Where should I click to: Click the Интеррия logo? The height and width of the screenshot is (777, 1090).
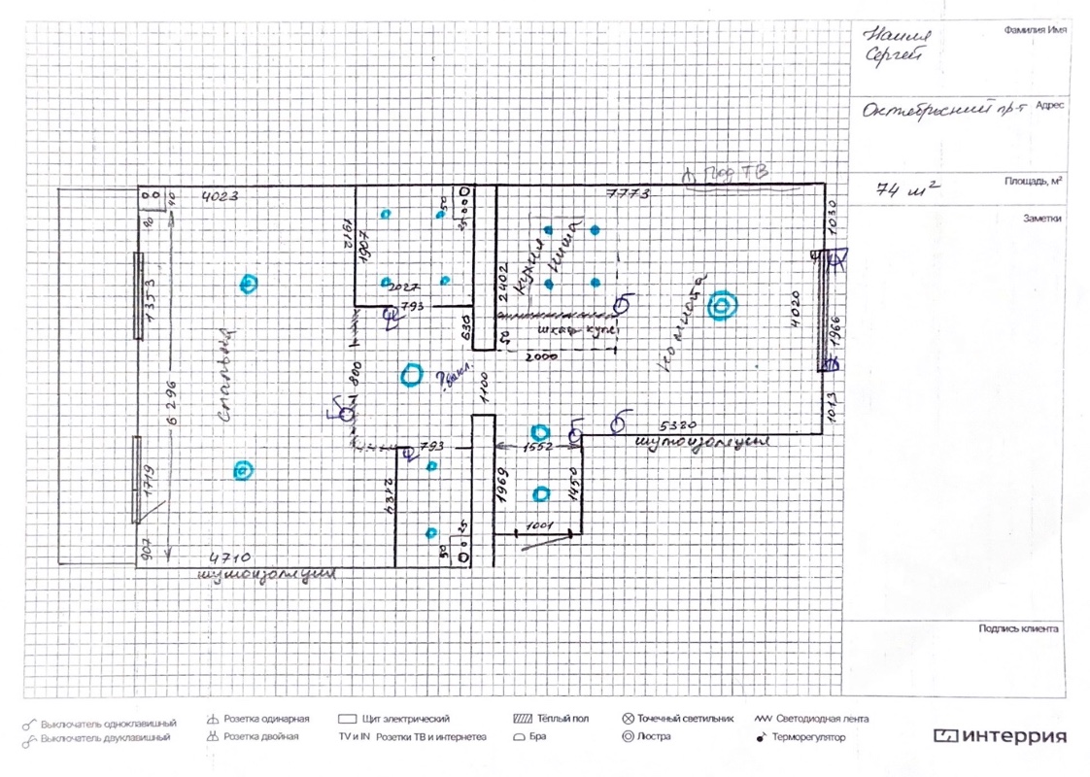tap(1000, 735)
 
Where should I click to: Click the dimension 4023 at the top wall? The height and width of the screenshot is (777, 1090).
tap(219, 197)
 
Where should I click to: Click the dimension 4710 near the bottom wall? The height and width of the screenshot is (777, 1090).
tap(226, 558)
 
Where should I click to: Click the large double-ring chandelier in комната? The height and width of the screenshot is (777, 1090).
tap(721, 307)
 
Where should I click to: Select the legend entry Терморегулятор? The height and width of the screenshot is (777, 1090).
tap(809, 737)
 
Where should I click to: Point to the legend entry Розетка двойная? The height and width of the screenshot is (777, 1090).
tap(260, 736)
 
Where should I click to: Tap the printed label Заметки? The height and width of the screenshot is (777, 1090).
tap(1041, 219)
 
